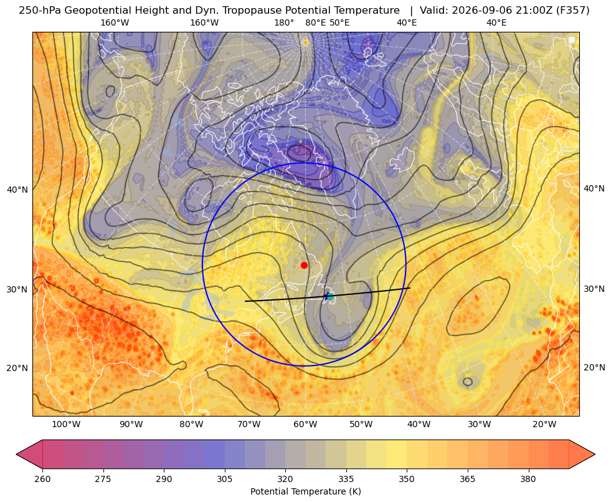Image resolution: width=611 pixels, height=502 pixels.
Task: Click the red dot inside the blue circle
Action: pos(305,265)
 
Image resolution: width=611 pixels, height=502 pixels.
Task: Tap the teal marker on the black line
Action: pos(330,296)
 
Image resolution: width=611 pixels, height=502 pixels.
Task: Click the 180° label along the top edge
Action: pos(284,22)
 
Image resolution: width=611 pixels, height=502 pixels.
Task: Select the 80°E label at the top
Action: pos(315,22)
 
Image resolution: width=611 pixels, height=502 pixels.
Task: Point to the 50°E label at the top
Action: pos(339,22)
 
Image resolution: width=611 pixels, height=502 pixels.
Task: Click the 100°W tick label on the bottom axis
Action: pos(66,425)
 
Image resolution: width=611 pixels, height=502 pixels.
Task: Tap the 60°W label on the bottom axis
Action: pos(305,425)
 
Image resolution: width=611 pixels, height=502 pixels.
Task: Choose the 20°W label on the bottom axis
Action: pos(544,425)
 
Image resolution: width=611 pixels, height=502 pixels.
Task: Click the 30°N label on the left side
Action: pos(17,290)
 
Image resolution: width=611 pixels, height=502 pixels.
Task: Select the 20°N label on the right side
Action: pos(594,367)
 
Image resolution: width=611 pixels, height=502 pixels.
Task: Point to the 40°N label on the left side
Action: pos(17,190)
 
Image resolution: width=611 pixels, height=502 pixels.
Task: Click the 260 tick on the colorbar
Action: pos(42,479)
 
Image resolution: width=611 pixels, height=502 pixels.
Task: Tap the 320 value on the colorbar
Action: pos(285,479)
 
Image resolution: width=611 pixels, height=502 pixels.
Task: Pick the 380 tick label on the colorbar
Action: pos(528,479)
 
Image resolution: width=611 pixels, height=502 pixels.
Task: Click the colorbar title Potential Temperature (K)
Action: pos(305,491)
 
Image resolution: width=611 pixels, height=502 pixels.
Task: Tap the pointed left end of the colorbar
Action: pos(16,454)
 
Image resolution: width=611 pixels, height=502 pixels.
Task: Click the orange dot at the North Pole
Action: pos(305,42)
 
